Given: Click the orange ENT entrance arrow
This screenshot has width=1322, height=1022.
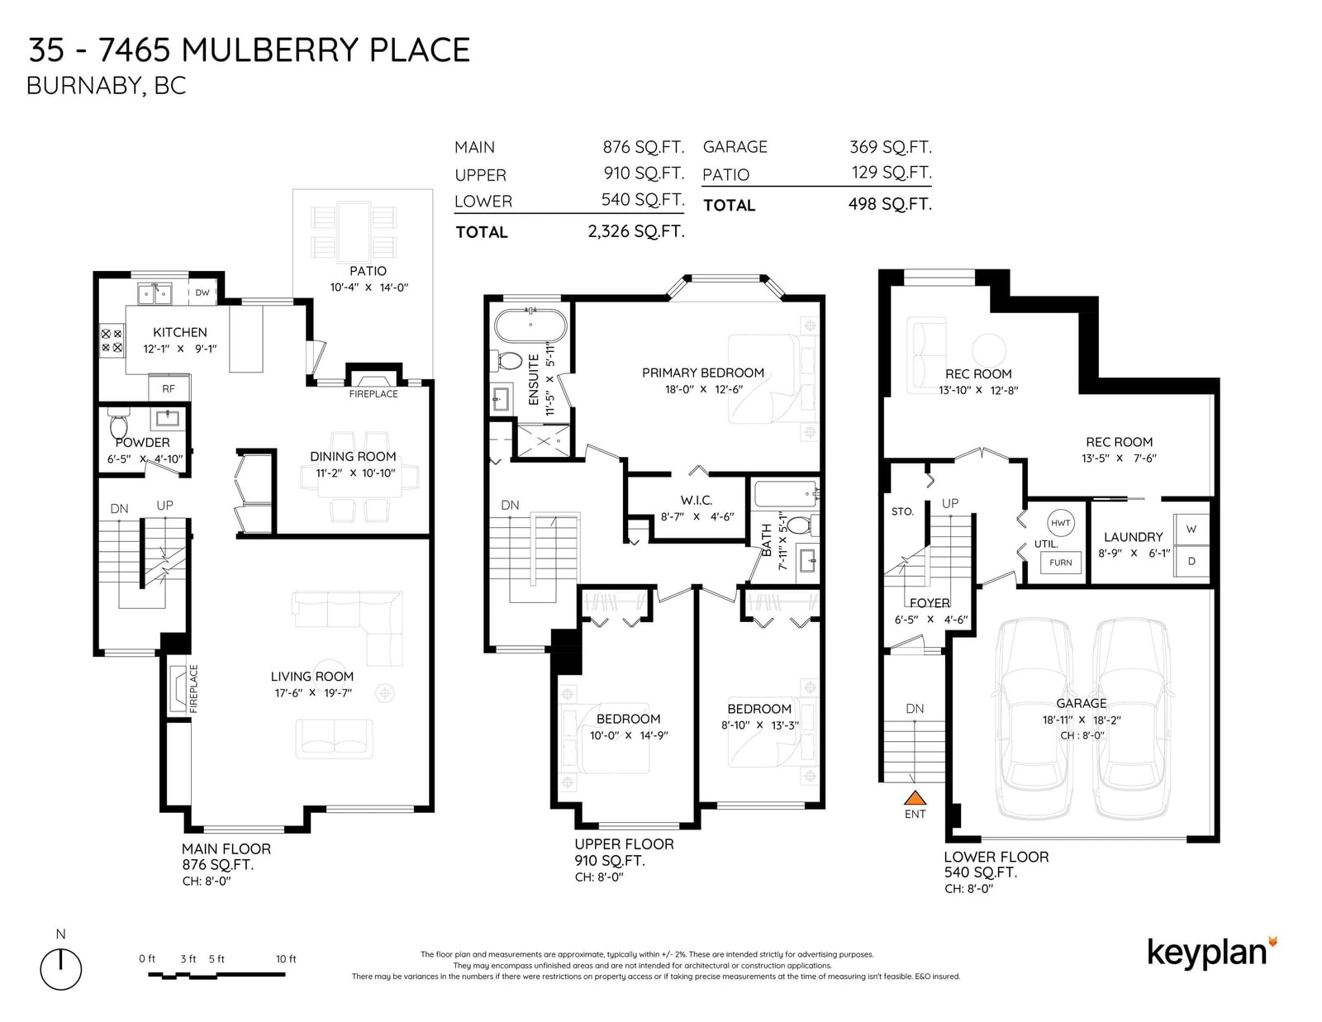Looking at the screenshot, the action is click(915, 797).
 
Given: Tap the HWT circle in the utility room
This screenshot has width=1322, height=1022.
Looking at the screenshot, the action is click(1060, 522).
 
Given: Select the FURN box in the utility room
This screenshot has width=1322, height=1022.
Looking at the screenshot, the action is click(1060, 562).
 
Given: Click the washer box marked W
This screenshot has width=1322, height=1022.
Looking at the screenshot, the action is click(1191, 530).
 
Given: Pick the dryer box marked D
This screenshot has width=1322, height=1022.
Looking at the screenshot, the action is click(1191, 561).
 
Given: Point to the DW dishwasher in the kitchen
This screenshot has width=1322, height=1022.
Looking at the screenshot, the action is click(202, 292).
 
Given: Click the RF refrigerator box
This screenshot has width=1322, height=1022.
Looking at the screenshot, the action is click(169, 388).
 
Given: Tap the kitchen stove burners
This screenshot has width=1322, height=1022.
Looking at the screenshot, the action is click(112, 340).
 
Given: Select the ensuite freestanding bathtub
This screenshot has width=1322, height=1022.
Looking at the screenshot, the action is click(530, 326).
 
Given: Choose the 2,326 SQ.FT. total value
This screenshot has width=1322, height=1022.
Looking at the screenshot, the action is click(636, 232).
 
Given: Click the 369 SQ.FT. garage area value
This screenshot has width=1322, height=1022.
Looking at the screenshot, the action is click(891, 147).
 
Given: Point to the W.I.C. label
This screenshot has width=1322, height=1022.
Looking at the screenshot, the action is click(697, 500).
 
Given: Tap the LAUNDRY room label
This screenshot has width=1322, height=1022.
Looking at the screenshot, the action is click(1134, 537).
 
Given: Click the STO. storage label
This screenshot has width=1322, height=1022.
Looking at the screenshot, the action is click(902, 511).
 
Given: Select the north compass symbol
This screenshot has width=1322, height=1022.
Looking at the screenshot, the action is click(61, 968).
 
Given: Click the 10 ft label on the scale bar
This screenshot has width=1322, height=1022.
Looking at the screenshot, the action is click(286, 959).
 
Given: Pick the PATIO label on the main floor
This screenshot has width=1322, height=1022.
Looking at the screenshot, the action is click(368, 271).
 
